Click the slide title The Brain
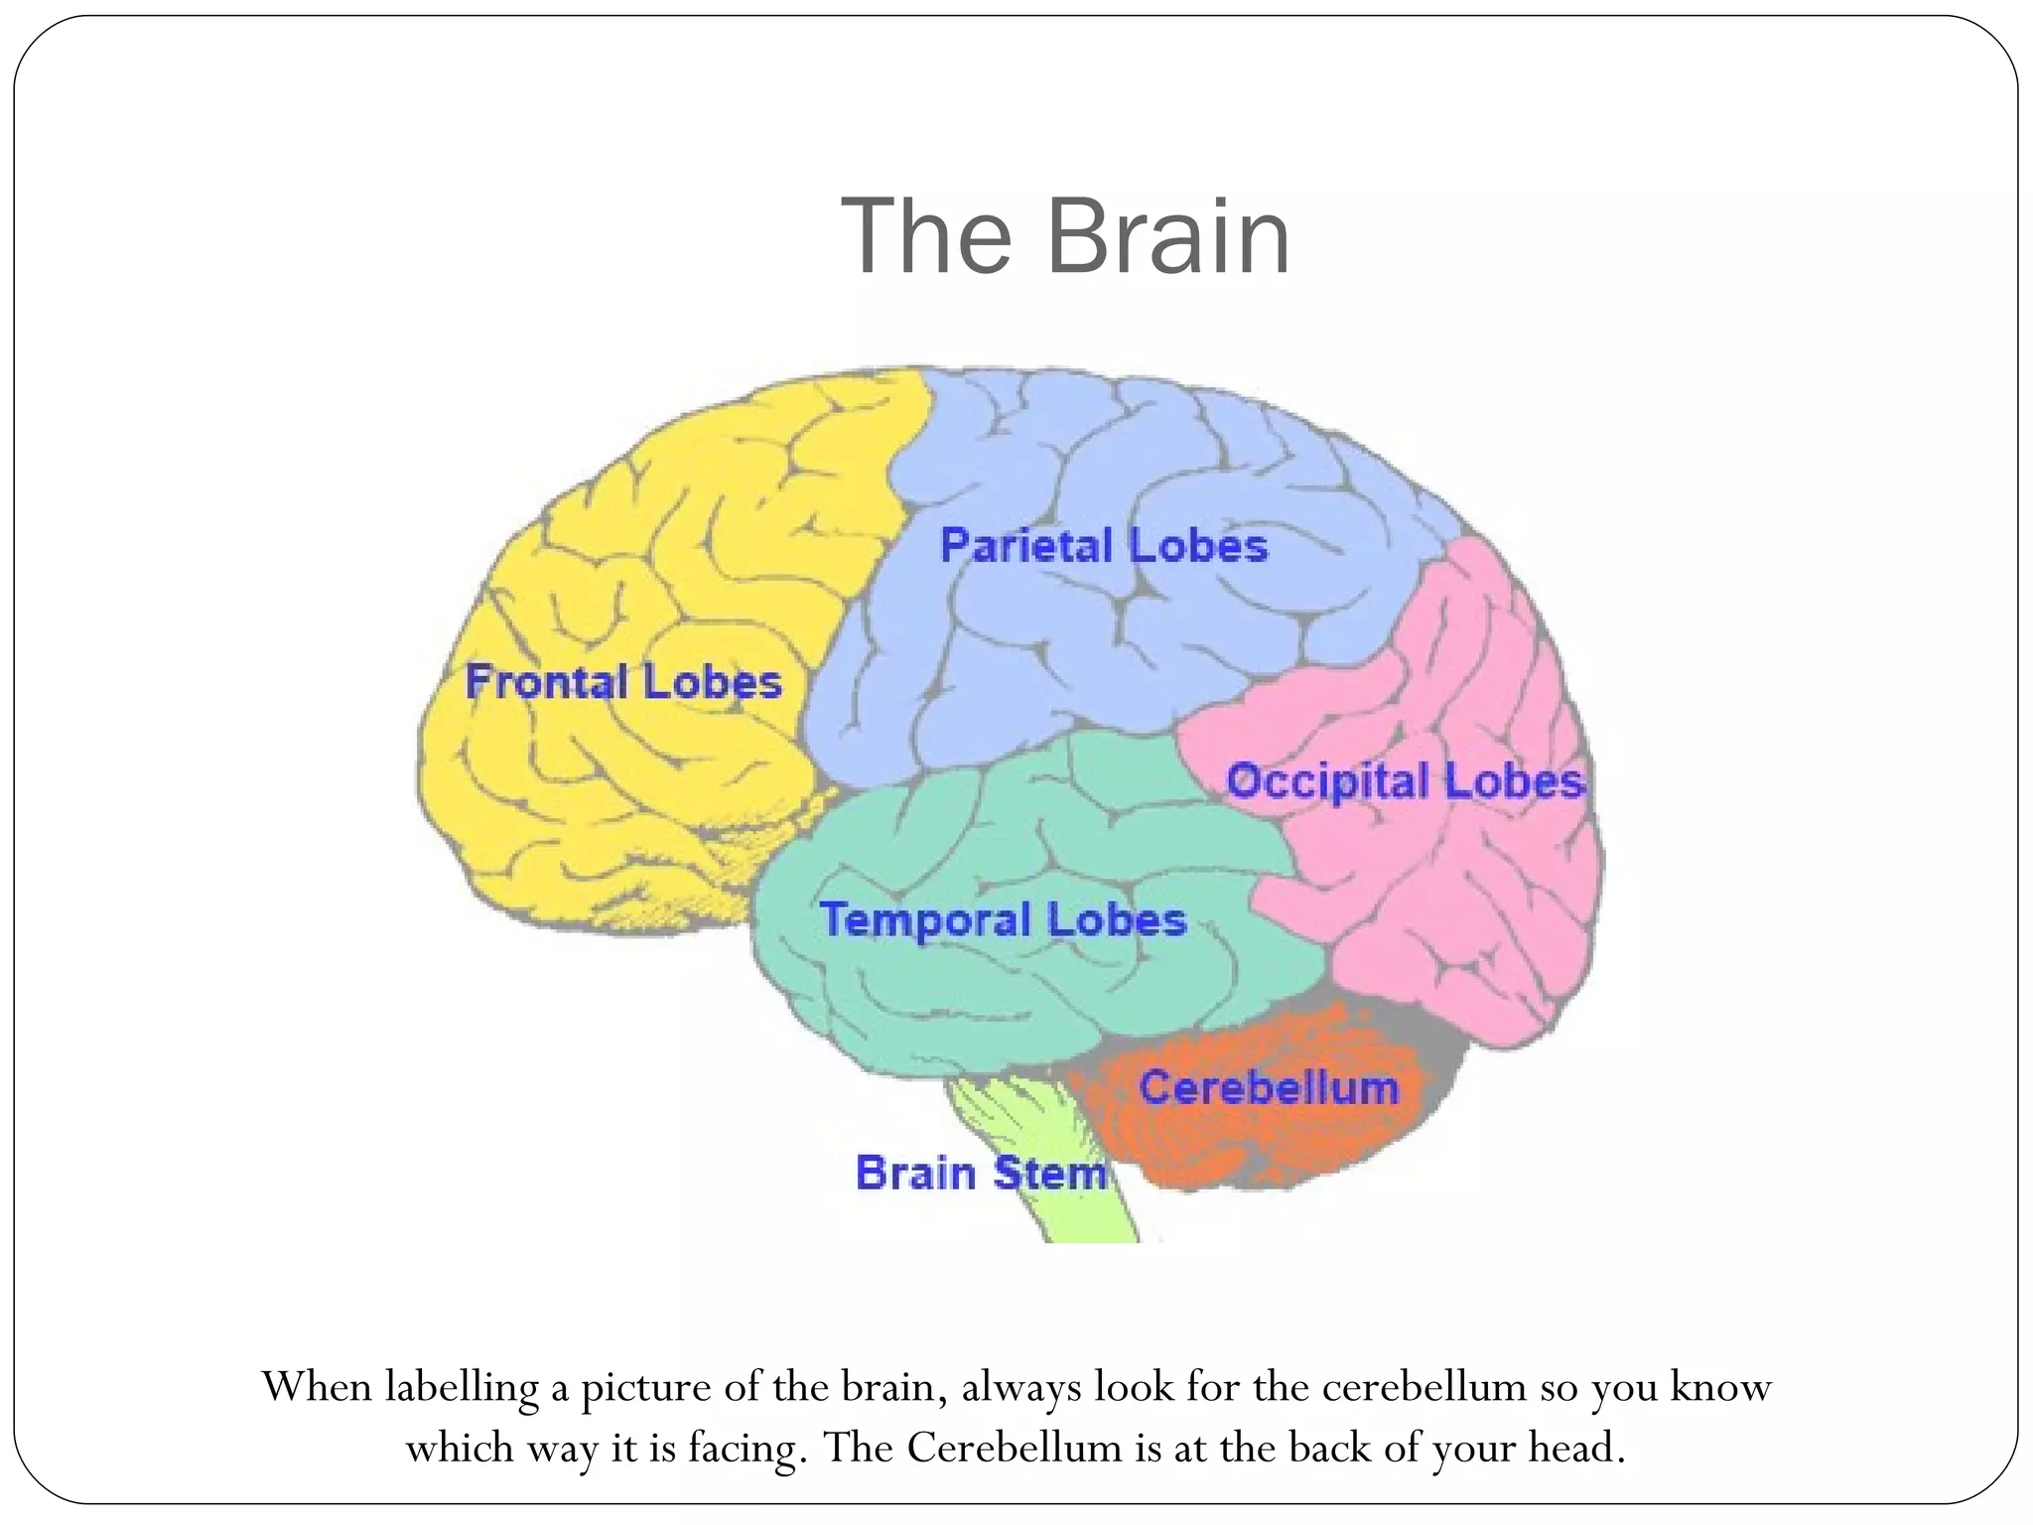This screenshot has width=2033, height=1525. (1065, 236)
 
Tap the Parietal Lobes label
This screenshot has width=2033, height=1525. (1104, 546)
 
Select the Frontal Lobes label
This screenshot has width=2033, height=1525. (623, 682)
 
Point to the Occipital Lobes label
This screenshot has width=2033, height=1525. (1405, 781)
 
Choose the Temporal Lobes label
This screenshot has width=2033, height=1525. (1003, 919)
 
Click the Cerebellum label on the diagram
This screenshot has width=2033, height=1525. (1269, 1087)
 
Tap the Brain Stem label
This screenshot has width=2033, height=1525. (981, 1173)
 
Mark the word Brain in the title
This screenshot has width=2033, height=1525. (1168, 236)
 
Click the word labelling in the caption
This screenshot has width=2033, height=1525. (462, 1387)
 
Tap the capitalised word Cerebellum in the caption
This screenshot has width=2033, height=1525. (1014, 1449)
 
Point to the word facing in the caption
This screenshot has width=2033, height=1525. (743, 1449)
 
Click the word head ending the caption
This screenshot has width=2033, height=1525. (1575, 1449)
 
